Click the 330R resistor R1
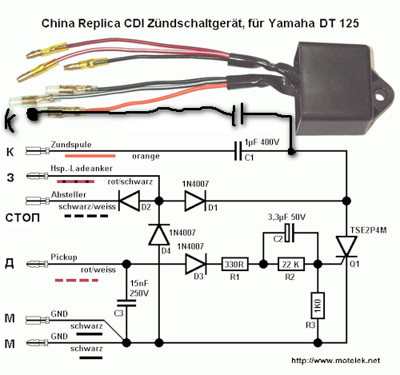click(x=235, y=264)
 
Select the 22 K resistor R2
click(x=291, y=264)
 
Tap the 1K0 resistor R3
click(x=318, y=305)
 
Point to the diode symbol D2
click(x=129, y=201)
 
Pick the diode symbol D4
click(x=159, y=234)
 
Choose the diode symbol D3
click(x=196, y=264)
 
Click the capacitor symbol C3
click(x=126, y=303)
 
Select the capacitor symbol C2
click(x=290, y=233)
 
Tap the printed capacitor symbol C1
click(x=238, y=151)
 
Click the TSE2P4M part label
click(x=368, y=230)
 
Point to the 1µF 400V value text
click(x=262, y=142)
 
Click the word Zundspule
click(x=71, y=145)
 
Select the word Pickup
click(x=64, y=257)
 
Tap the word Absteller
click(x=69, y=194)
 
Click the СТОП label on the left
click(x=22, y=217)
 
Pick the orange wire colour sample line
click(x=90, y=156)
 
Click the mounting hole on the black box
click(x=380, y=95)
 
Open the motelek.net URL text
click(x=335, y=361)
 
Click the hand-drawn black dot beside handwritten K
click(x=33, y=114)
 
